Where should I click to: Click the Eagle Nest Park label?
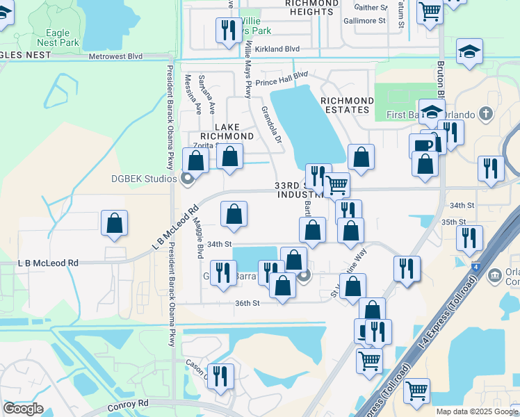58,38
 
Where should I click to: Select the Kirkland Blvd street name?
277,49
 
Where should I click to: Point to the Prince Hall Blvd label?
281,79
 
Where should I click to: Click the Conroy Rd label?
129,403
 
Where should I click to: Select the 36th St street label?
247,303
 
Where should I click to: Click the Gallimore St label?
362,22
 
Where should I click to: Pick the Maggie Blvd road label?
199,234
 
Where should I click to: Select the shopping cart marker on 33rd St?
337,185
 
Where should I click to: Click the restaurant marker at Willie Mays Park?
227,30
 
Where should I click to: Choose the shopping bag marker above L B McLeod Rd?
115,224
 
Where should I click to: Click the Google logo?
23,409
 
